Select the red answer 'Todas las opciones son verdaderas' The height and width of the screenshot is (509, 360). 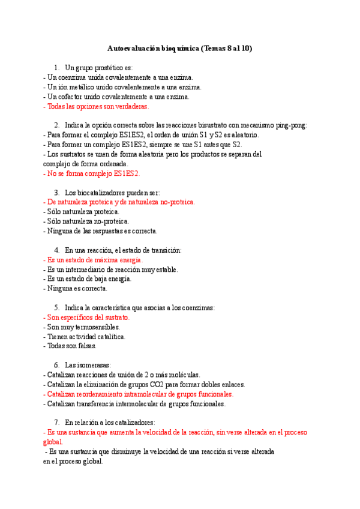tap(96, 106)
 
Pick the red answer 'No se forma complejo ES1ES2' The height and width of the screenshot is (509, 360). tap(92, 173)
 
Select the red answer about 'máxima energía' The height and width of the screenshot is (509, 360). tap(93, 260)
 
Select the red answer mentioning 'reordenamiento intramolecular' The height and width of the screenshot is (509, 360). tap(139, 394)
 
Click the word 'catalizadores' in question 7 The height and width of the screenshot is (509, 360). tap(134, 423)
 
